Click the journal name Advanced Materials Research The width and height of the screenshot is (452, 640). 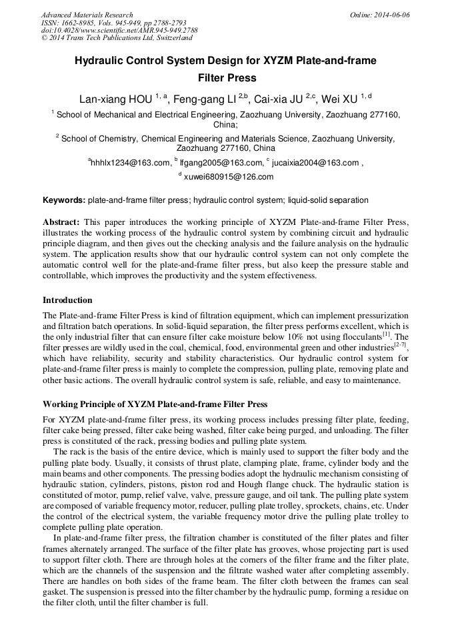pyautogui.click(x=87, y=15)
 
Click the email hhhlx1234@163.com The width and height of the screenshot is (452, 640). pyautogui.click(x=131, y=162)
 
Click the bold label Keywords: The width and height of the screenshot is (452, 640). pyautogui.click(x=64, y=200)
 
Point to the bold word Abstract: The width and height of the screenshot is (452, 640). pyautogui.click(x=61, y=222)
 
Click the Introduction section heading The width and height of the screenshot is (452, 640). pyautogui.click(x=67, y=300)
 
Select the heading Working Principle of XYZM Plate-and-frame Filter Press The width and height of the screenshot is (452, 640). pyautogui.click(x=155, y=404)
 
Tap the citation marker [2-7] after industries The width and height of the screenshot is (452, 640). pyautogui.click(x=400, y=345)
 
